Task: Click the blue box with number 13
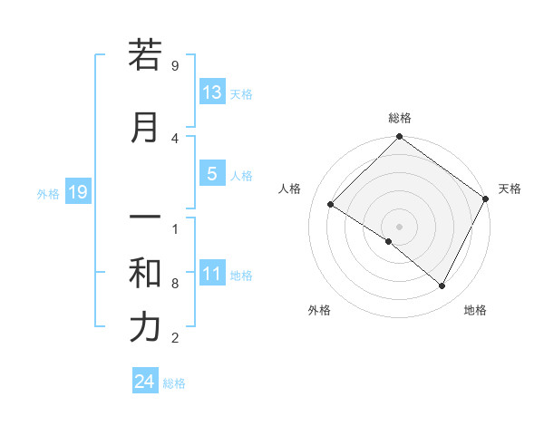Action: coord(212,92)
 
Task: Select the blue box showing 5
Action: coord(212,174)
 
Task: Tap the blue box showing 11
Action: coord(212,275)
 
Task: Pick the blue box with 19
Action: coord(78,192)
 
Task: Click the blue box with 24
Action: coord(144,382)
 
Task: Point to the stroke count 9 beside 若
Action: coord(175,66)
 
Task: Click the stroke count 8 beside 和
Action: coord(175,284)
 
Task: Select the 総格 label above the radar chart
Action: coord(399,118)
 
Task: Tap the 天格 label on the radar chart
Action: coord(510,189)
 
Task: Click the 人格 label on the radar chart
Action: coord(290,189)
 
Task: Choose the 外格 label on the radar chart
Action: coord(319,310)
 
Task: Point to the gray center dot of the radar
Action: coord(399,226)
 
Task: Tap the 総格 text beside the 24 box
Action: coord(174,383)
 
